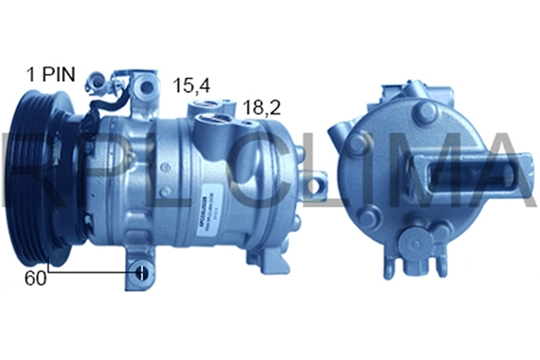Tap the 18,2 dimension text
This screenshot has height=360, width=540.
261,107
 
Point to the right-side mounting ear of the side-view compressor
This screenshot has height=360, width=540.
314,186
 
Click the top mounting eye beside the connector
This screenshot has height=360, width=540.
143,87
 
